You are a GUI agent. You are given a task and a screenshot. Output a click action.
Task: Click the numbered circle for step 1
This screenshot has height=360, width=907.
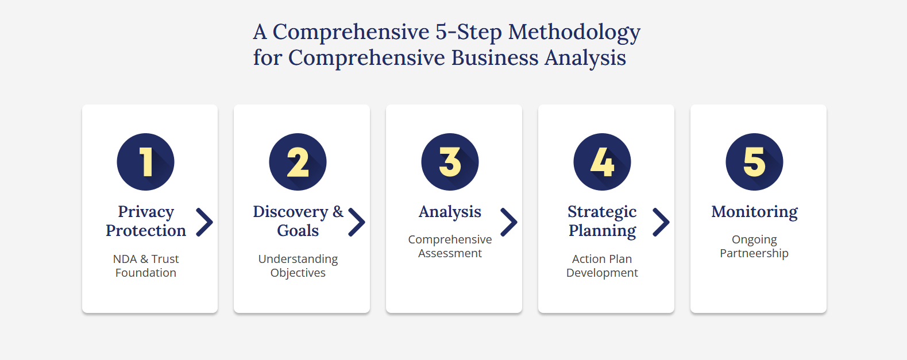(146, 162)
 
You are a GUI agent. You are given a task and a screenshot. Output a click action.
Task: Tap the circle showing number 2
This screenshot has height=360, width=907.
(298, 162)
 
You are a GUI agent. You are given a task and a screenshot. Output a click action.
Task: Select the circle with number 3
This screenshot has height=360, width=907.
(450, 162)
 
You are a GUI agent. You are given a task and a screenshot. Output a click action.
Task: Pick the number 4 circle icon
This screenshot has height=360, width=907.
(603, 162)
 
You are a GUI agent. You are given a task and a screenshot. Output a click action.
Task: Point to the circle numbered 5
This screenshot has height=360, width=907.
(754, 162)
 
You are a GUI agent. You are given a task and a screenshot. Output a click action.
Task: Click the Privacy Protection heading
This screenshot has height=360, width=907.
(146, 221)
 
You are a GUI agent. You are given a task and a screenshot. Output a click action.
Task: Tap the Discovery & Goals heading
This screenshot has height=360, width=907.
(298, 221)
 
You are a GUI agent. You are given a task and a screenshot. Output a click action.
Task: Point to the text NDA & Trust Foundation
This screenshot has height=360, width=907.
(146, 266)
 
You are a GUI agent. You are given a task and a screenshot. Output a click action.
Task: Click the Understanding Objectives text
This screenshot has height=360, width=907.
(298, 266)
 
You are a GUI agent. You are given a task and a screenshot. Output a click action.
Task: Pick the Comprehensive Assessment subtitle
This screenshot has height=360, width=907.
(450, 246)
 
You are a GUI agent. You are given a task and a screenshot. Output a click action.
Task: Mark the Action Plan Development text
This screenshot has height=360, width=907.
(602, 266)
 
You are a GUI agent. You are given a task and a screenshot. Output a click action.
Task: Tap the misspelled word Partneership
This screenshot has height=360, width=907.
(754, 254)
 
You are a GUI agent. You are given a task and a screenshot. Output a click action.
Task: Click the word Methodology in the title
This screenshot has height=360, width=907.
(574, 32)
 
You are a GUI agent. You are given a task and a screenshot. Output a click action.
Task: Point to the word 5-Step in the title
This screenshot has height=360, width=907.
(469, 32)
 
